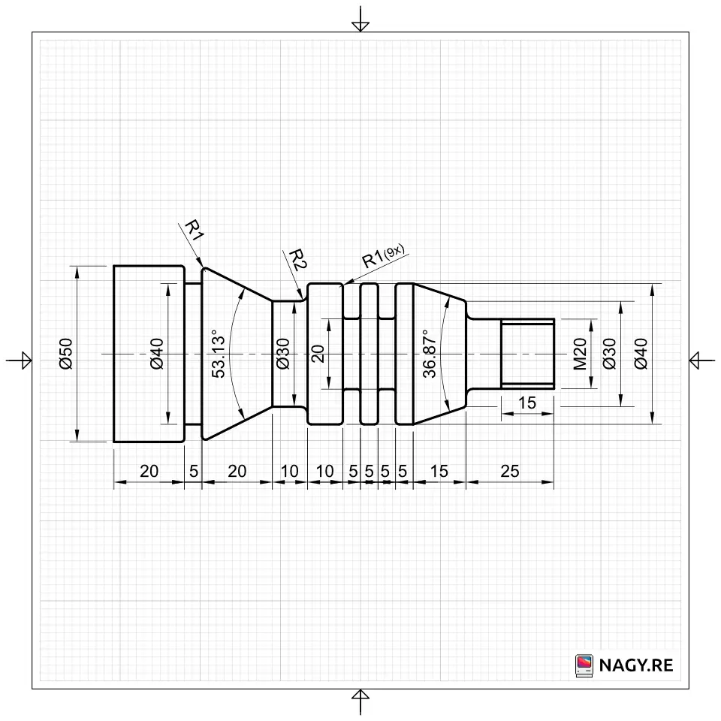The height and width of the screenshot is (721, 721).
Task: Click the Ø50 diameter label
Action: coord(66,354)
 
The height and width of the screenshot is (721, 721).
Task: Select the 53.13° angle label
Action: coord(219,354)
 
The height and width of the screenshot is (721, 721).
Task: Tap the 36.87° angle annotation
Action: coord(429,354)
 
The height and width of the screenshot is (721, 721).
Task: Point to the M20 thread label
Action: coord(581,354)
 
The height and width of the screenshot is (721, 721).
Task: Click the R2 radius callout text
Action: coord(297,260)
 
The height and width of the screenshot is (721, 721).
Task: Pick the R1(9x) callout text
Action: coord(384,257)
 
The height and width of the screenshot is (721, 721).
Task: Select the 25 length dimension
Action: coord(509,472)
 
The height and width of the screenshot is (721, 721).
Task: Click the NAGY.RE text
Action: coord(636,665)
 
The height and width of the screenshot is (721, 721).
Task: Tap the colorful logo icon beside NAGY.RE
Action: coord(584,665)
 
